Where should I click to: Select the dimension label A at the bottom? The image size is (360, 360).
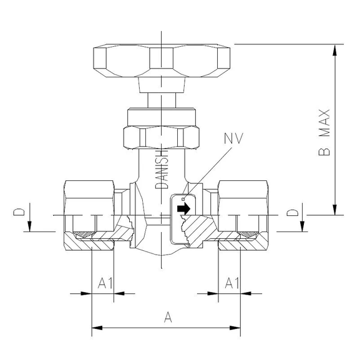click(x=167, y=318)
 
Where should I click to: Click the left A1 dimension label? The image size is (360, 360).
click(x=105, y=283)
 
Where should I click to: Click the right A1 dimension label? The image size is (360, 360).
click(x=231, y=283)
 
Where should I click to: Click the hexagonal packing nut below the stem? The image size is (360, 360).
click(x=162, y=137)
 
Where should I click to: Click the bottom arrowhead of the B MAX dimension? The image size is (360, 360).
click(x=337, y=210)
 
